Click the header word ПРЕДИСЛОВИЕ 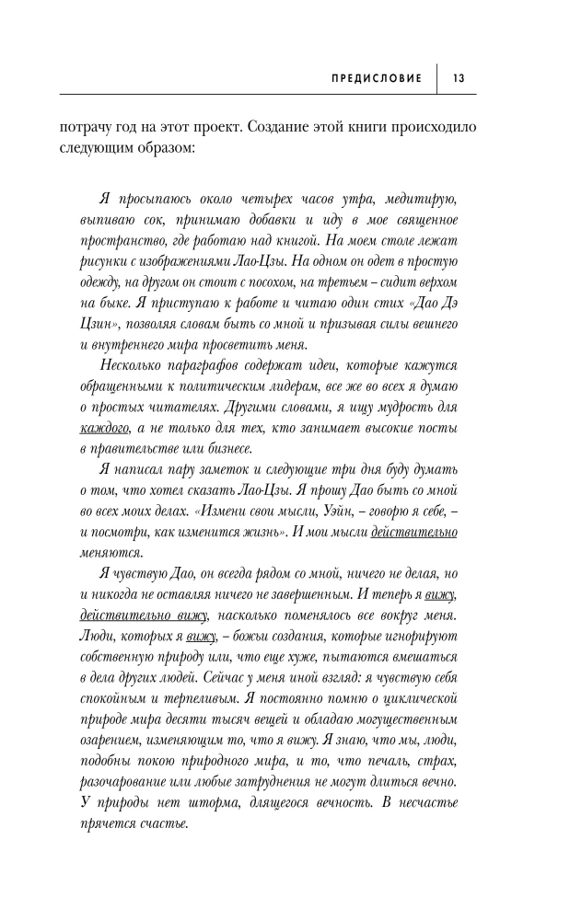(376, 78)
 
